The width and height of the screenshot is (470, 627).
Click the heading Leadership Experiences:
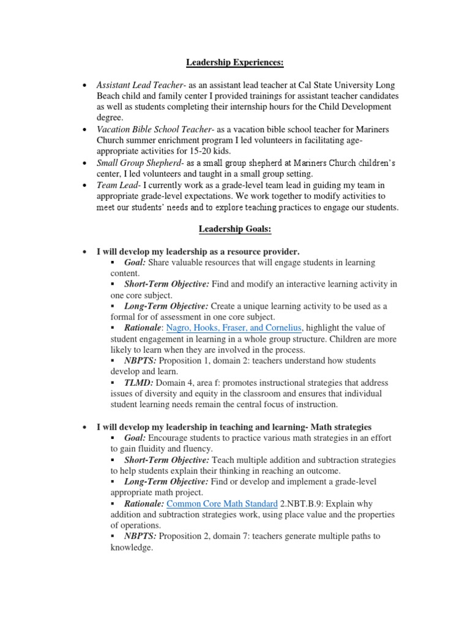[x=235, y=62]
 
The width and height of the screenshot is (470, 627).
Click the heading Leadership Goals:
[x=235, y=229]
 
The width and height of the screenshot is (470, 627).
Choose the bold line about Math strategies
[x=234, y=426]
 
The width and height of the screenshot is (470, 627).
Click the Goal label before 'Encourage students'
[x=135, y=438]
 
